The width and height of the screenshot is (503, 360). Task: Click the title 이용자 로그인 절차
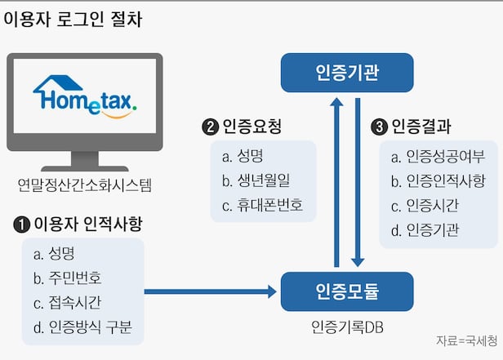(x=73, y=19)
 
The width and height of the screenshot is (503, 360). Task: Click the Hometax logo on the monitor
(x=85, y=95)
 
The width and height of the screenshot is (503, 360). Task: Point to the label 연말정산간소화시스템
(x=85, y=185)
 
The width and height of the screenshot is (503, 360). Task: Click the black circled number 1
(x=21, y=223)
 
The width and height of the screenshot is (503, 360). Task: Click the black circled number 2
(x=210, y=127)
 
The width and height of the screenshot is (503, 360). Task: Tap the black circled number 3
(x=378, y=127)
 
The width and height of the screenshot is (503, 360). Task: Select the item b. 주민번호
(x=68, y=277)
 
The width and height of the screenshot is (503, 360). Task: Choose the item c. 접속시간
(x=68, y=304)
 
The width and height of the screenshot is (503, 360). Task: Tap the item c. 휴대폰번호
(x=262, y=206)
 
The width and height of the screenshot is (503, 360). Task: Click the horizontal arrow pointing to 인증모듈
(x=211, y=291)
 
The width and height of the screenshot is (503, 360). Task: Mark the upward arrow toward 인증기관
(x=336, y=180)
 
